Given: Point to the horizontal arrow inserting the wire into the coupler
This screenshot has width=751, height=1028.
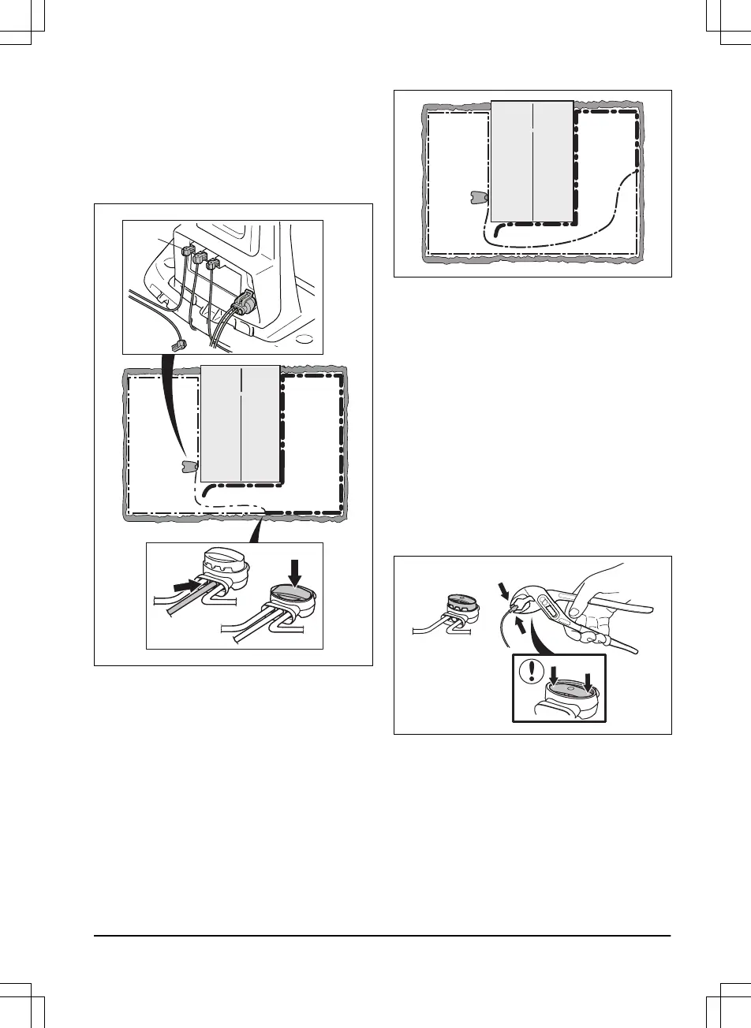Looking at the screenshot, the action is (184, 587).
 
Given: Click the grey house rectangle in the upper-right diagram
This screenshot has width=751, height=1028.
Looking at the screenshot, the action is (532, 162).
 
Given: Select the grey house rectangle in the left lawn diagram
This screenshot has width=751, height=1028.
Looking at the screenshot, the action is (241, 423).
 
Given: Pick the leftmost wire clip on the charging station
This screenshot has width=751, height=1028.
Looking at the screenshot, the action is (188, 251).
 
